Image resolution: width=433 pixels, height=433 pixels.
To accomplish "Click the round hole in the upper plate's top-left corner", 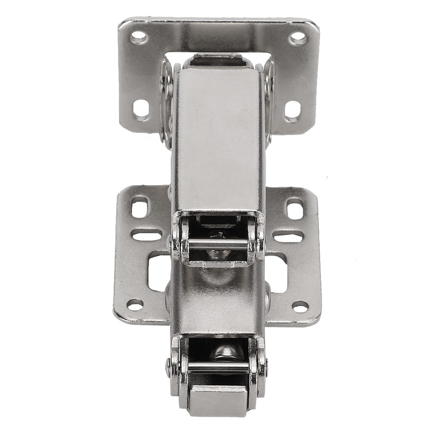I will pyautogui.click(x=139, y=37).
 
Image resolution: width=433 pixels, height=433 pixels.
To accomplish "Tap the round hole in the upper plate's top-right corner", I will pyautogui.click(x=298, y=38).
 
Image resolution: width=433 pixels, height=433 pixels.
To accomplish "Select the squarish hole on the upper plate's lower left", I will pyautogui.click(x=141, y=108).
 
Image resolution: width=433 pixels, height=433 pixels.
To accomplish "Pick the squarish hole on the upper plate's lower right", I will pyautogui.click(x=292, y=110).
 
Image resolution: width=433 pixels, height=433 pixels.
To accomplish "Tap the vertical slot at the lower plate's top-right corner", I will pyautogui.click(x=295, y=209).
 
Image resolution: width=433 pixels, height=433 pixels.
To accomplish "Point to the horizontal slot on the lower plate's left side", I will pyautogui.click(x=146, y=236).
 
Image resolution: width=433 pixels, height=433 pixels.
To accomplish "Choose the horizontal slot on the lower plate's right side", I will pyautogui.click(x=288, y=237).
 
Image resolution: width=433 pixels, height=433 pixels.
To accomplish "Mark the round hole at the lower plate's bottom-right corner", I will pyautogui.click(x=300, y=306).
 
